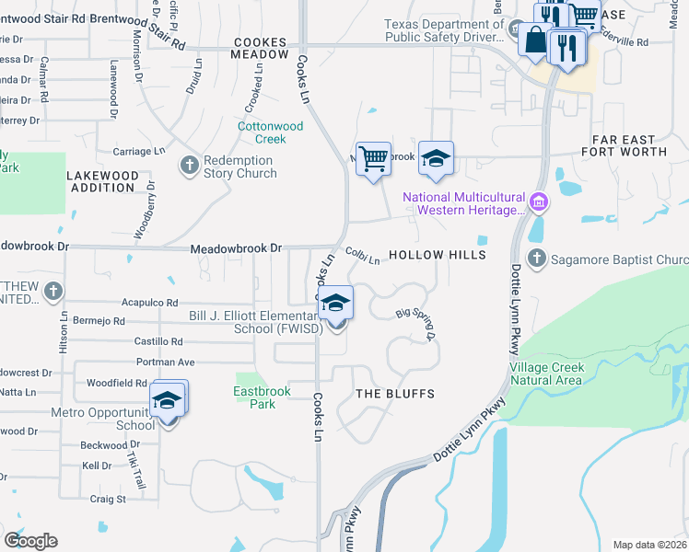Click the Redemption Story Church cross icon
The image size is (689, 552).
pos(189,166)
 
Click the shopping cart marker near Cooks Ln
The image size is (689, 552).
pos(373,159)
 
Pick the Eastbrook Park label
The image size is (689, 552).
pos(261,397)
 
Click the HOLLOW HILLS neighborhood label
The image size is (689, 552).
pos(437,255)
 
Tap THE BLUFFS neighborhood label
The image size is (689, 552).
pos(395,394)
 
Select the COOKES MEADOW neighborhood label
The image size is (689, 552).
pos(267,49)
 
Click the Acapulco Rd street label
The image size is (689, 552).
pos(149,302)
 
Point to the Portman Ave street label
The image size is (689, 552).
pos(166,362)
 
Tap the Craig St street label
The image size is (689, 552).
pos(108,499)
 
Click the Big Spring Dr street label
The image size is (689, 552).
pos(415,324)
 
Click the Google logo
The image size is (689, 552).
pos(30,540)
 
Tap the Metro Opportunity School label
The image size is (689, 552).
pos(103,420)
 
